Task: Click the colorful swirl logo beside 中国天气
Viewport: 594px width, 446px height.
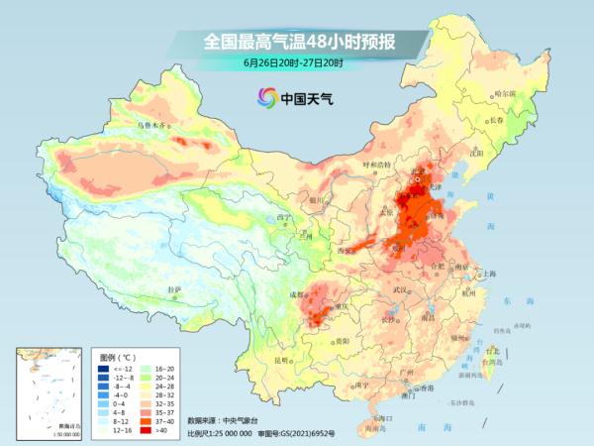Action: click(266, 97)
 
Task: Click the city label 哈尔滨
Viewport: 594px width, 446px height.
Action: click(506, 93)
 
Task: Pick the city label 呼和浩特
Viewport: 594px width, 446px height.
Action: click(376, 165)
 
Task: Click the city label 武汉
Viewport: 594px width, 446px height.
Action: click(400, 289)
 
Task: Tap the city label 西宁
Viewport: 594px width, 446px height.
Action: click(285, 217)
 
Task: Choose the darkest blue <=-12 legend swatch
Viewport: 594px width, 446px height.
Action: click(103, 369)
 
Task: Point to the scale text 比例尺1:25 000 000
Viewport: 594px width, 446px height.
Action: click(220, 433)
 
